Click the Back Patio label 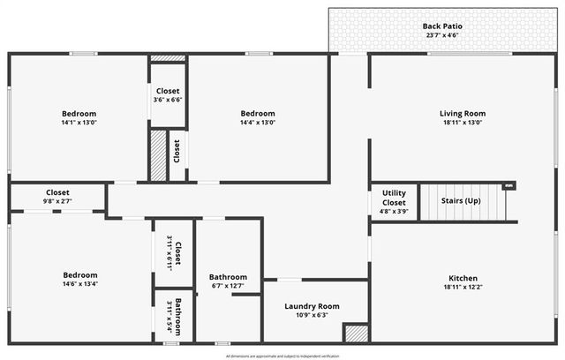click(x=442, y=26)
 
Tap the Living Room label click(x=463, y=114)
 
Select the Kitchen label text click(x=463, y=278)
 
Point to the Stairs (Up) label click(x=460, y=200)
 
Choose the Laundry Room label click(x=312, y=306)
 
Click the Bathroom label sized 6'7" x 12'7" click(x=228, y=277)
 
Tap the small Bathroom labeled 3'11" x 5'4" click(x=178, y=315)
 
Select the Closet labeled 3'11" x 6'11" click(x=177, y=253)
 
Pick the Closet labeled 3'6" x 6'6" click(x=168, y=91)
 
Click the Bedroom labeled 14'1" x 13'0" click(x=79, y=114)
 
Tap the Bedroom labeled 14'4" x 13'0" click(x=258, y=114)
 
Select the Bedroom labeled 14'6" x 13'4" click(x=79, y=275)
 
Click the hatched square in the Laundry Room click(x=355, y=334)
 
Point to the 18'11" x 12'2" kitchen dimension click(x=463, y=288)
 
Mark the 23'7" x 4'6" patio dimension click(x=442, y=36)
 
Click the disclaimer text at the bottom click(x=282, y=356)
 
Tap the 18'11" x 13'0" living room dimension click(x=463, y=124)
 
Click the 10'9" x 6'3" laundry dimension click(x=312, y=316)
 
